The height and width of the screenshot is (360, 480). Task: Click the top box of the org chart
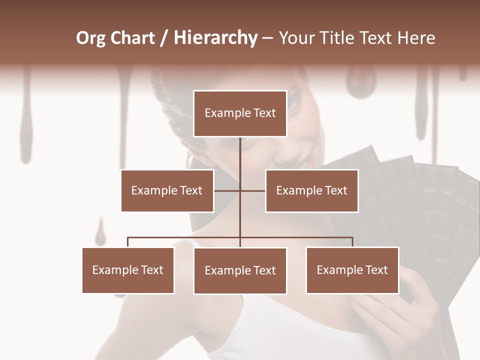pos(240,113)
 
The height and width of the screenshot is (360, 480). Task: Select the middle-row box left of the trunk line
pos(167,190)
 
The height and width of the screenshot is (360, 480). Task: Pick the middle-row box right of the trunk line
pos(311,190)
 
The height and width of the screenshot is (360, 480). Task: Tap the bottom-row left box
pos(128,270)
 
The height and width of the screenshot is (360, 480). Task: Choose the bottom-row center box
pos(240,270)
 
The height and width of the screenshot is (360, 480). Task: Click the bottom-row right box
pos(352,270)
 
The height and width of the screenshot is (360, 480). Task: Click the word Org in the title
pos(91,38)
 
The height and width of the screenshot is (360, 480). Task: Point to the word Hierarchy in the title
pos(215,38)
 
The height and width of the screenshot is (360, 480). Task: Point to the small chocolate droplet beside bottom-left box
pos(101,232)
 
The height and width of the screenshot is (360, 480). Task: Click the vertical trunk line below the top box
pos(240,160)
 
